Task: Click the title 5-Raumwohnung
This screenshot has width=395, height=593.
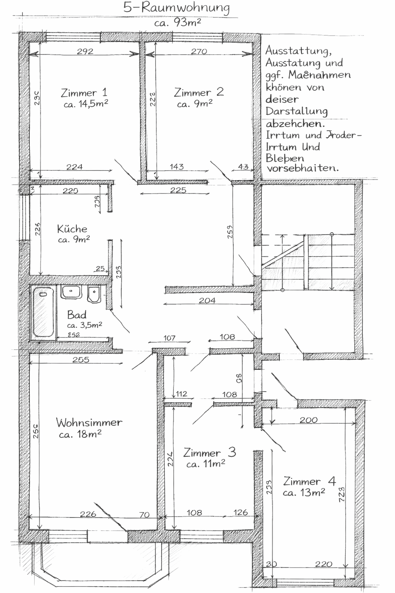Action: coord(177,8)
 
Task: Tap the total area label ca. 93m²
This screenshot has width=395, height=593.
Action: coord(177,22)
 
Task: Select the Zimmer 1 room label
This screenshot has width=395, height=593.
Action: coord(84,93)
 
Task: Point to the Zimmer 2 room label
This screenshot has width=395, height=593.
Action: coord(199,92)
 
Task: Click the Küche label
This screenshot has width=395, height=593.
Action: coord(72,229)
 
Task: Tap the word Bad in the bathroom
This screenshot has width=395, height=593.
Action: coord(76,315)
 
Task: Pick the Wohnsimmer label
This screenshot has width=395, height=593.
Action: coord(89,422)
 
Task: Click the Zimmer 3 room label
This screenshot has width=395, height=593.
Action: coord(209,452)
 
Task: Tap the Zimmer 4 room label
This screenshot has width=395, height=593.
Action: coord(309,481)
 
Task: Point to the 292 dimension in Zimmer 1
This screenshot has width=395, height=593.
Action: coord(85,51)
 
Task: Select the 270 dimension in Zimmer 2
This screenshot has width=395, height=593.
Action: coord(199,51)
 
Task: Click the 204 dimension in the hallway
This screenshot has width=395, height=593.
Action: coord(207,300)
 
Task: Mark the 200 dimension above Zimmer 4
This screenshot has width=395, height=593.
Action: coord(309,420)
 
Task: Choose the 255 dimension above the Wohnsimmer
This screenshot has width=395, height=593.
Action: coord(81,360)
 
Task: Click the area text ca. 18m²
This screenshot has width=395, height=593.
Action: coord(80,434)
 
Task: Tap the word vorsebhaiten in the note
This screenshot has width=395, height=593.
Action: coord(302,168)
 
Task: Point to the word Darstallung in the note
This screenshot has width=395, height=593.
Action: coord(297,112)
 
